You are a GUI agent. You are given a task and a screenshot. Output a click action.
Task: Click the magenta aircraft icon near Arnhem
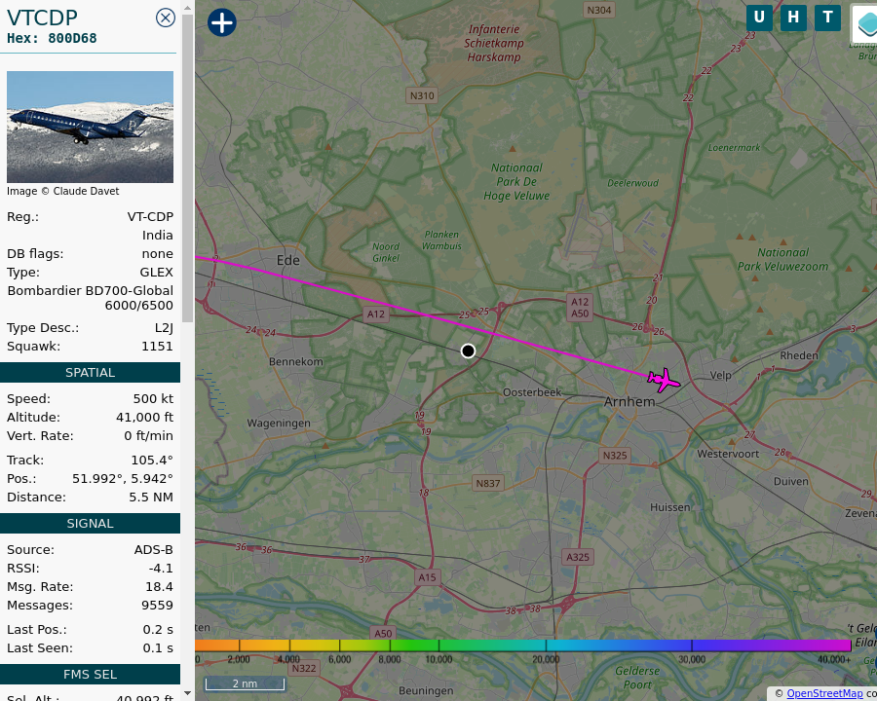[664, 379]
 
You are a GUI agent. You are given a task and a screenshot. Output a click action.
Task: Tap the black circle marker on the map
[468, 350]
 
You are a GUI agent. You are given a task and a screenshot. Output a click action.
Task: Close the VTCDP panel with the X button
[166, 18]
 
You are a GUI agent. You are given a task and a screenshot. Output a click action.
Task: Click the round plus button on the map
[222, 22]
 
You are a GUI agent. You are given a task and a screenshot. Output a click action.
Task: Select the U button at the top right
[759, 18]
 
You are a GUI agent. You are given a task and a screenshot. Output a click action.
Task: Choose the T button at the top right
[827, 18]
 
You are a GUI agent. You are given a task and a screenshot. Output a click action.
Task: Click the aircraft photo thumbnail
[90, 127]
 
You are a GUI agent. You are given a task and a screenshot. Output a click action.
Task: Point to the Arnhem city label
[629, 401]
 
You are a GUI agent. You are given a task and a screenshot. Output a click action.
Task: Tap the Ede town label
[288, 260]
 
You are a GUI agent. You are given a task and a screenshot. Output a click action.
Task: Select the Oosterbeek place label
[532, 392]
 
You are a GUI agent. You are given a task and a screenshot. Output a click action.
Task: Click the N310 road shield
[422, 95]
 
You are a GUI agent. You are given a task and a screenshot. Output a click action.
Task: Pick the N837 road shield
[487, 483]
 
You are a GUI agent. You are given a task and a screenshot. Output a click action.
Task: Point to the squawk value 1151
[157, 346]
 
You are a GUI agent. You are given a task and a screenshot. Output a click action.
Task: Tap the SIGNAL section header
[90, 523]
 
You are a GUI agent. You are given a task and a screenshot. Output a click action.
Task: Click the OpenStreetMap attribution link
[824, 693]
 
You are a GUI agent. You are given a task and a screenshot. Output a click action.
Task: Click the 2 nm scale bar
[245, 683]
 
